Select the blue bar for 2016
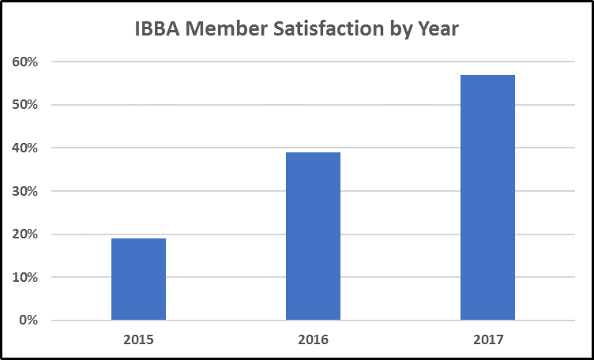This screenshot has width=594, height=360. coord(313,236)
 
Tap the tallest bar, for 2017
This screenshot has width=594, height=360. coord(487,197)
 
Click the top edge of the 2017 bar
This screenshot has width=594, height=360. coord(487,76)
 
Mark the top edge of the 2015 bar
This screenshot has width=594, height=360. coord(138,239)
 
